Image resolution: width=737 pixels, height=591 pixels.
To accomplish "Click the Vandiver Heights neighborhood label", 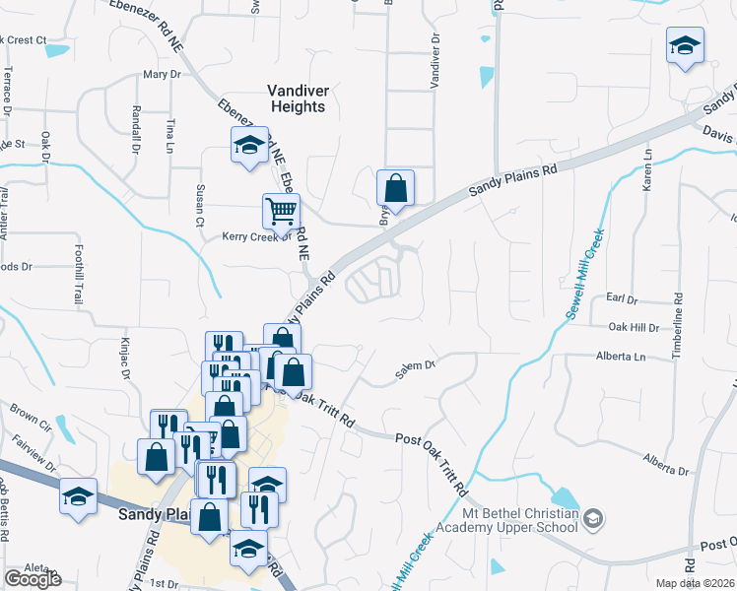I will pyautogui.click(x=311, y=98).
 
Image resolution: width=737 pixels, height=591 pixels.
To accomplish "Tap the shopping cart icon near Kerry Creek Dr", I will pyautogui.click(x=281, y=210).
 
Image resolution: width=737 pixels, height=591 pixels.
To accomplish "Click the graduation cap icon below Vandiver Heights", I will pyautogui.click(x=249, y=145).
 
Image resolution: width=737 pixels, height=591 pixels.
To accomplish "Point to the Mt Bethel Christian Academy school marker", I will pyautogui.click(x=593, y=517).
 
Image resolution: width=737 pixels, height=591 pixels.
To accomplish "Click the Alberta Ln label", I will pyautogui.click(x=620, y=357).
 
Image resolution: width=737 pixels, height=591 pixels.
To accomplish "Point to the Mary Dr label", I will pyautogui.click(x=163, y=74).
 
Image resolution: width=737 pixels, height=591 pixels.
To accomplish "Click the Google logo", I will pyautogui.click(x=33, y=579).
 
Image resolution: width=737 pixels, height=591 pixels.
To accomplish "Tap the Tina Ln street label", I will pyautogui.click(x=169, y=135).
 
